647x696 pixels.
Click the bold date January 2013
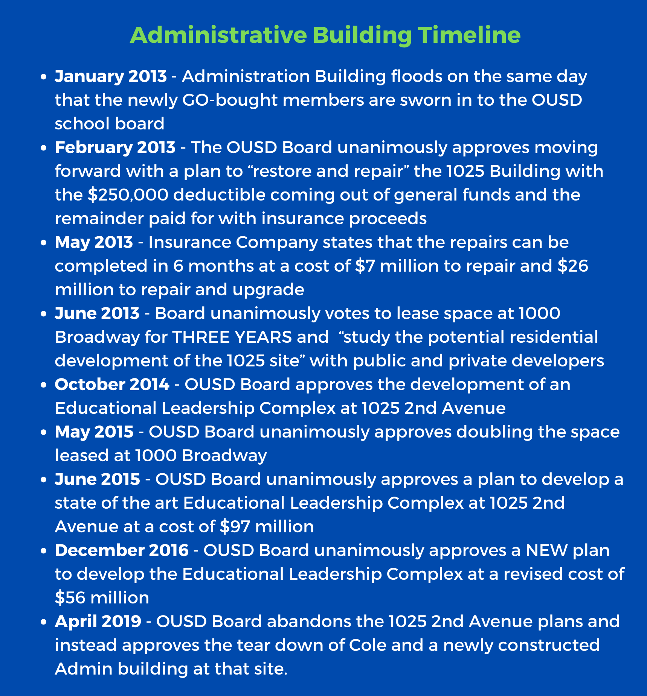coord(111,76)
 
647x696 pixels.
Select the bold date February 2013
coord(115,147)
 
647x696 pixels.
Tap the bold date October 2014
coord(112,384)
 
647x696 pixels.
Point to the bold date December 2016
coord(122,550)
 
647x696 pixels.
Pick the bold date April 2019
coord(98,622)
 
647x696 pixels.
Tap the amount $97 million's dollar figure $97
coord(235,527)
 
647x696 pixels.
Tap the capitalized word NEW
coord(546,550)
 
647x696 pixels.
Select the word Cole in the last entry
coord(368,645)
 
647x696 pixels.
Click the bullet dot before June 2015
coord(44,480)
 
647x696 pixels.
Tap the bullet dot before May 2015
coord(44,432)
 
